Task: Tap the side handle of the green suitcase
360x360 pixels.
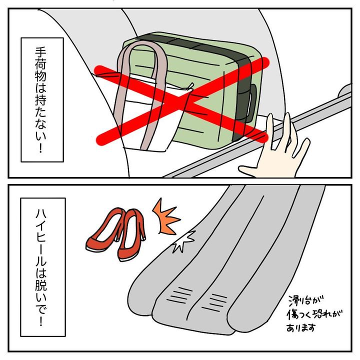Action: tap(252, 101)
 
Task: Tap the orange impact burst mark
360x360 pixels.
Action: tap(165, 217)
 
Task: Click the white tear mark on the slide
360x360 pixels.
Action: tap(183, 241)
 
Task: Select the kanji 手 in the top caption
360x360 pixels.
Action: tap(41, 53)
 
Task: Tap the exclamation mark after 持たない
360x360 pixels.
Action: tap(41, 147)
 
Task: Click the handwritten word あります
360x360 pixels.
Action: tap(301, 327)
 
